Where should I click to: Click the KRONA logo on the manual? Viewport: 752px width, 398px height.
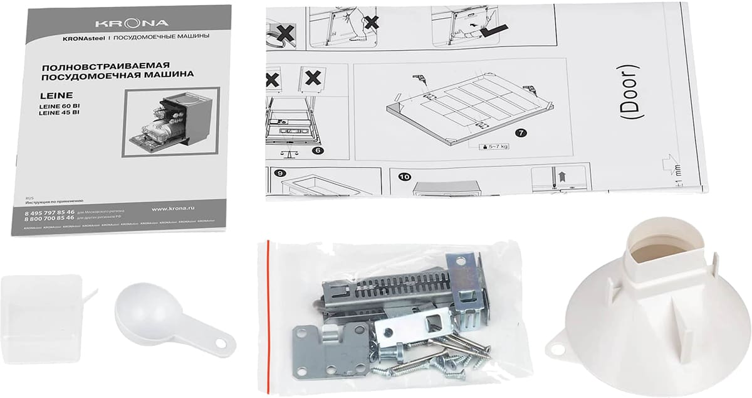point(131,23)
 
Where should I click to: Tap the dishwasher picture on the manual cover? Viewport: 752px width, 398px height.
point(171,121)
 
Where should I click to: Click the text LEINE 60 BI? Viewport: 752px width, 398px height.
point(59,106)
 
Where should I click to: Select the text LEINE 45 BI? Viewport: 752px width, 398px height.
point(59,113)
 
